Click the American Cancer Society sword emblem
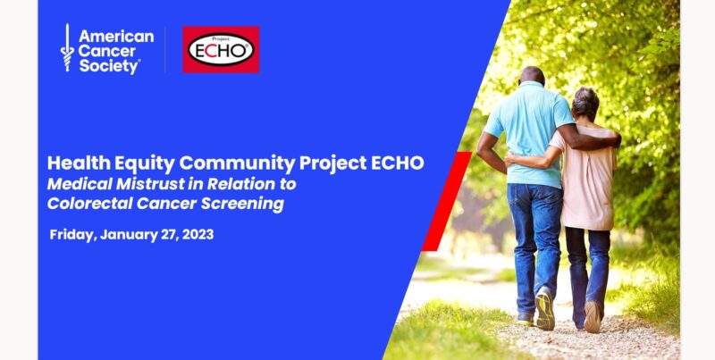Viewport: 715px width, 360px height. (x=67, y=47)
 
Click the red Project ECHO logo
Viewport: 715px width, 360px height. (x=221, y=50)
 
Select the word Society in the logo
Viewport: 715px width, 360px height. (x=108, y=66)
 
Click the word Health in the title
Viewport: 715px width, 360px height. (x=77, y=163)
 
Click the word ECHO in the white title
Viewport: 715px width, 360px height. (x=398, y=163)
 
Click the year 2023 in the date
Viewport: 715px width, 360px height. (x=198, y=235)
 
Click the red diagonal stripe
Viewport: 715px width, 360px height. (x=446, y=201)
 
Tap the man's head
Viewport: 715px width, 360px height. (x=532, y=76)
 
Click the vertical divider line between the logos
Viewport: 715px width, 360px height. (x=165, y=50)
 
